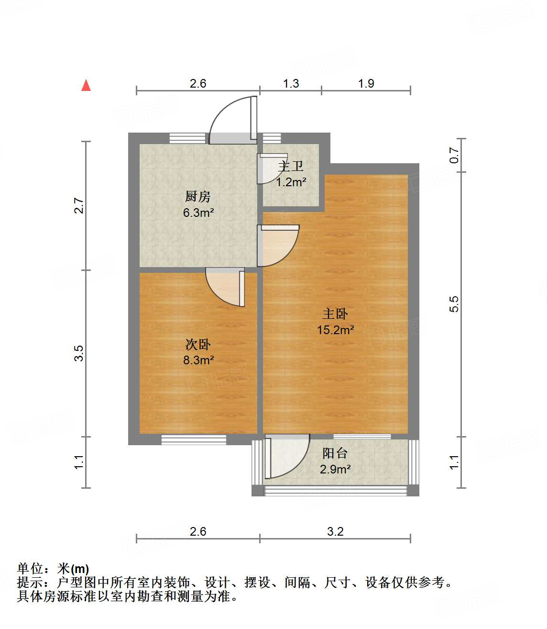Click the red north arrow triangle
[x=86, y=85]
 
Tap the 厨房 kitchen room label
[x=198, y=196]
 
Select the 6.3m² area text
[x=198, y=213]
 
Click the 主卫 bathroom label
[x=291, y=166]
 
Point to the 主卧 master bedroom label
[x=335, y=314]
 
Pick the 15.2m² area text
[x=336, y=330]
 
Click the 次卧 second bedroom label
[x=198, y=344]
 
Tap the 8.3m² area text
[x=198, y=360]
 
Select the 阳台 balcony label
[x=335, y=453]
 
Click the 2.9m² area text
[x=335, y=469]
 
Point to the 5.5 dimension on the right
[x=454, y=304]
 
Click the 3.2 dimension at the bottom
[x=335, y=531]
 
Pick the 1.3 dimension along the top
[x=291, y=83]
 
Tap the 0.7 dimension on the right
[x=454, y=155]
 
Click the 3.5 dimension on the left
[x=79, y=353]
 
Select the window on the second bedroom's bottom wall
[x=194, y=439]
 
